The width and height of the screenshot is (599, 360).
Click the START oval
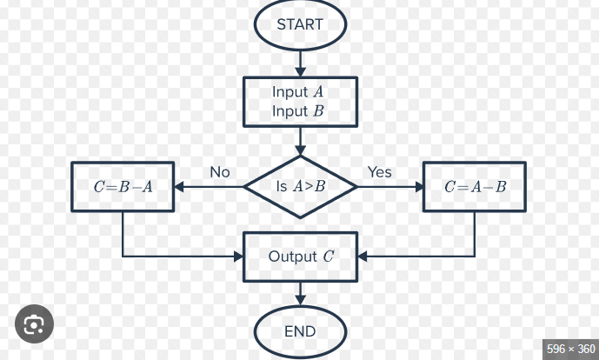click(300, 24)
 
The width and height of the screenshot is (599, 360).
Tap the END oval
click(300, 331)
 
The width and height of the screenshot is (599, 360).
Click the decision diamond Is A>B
click(300, 187)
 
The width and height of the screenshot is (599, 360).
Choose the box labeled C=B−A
click(123, 186)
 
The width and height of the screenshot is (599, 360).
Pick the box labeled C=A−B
click(475, 186)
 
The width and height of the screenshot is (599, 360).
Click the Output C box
click(300, 257)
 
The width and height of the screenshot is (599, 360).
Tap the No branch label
click(220, 172)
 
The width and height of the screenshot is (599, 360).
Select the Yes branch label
click(380, 172)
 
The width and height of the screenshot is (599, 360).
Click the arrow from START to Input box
click(300, 61)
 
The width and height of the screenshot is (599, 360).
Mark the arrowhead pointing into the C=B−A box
click(180, 186)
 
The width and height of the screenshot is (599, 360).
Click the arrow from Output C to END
click(300, 293)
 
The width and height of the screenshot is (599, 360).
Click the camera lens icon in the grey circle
click(34, 324)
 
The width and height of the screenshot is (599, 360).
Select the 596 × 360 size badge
click(569, 349)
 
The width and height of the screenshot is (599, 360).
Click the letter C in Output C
click(328, 257)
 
